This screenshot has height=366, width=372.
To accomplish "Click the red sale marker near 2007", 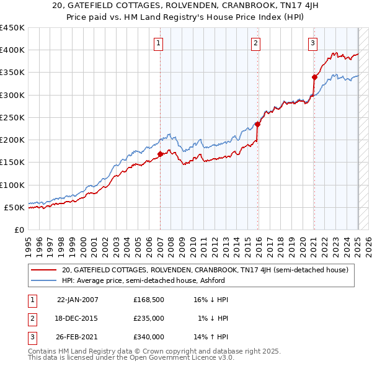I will pyautogui.click(x=160, y=154).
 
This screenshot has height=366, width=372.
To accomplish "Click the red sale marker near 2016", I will pyautogui.click(x=257, y=124).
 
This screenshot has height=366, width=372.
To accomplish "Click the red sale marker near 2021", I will pyautogui.click(x=314, y=78).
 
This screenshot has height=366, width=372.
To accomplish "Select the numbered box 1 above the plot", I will pyautogui.click(x=159, y=43).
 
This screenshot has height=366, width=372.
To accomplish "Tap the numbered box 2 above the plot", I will pyautogui.click(x=255, y=43).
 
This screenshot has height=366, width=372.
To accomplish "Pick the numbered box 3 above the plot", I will pyautogui.click(x=313, y=43).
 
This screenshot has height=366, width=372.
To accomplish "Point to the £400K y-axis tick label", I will pyautogui.click(x=12, y=50).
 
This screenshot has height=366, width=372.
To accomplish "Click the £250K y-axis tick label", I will pyautogui.click(x=12, y=117).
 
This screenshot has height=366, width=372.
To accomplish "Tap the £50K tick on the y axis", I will pyautogui.click(x=15, y=207).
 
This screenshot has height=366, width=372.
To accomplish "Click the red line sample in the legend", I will pyautogui.click(x=45, y=270).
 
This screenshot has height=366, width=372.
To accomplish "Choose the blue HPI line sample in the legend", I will pyautogui.click(x=45, y=280).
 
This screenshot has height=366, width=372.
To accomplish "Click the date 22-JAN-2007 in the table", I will pyautogui.click(x=77, y=299).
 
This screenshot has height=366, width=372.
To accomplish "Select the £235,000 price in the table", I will pyautogui.click(x=149, y=318).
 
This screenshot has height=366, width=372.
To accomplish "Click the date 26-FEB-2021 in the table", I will pyautogui.click(x=77, y=337).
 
